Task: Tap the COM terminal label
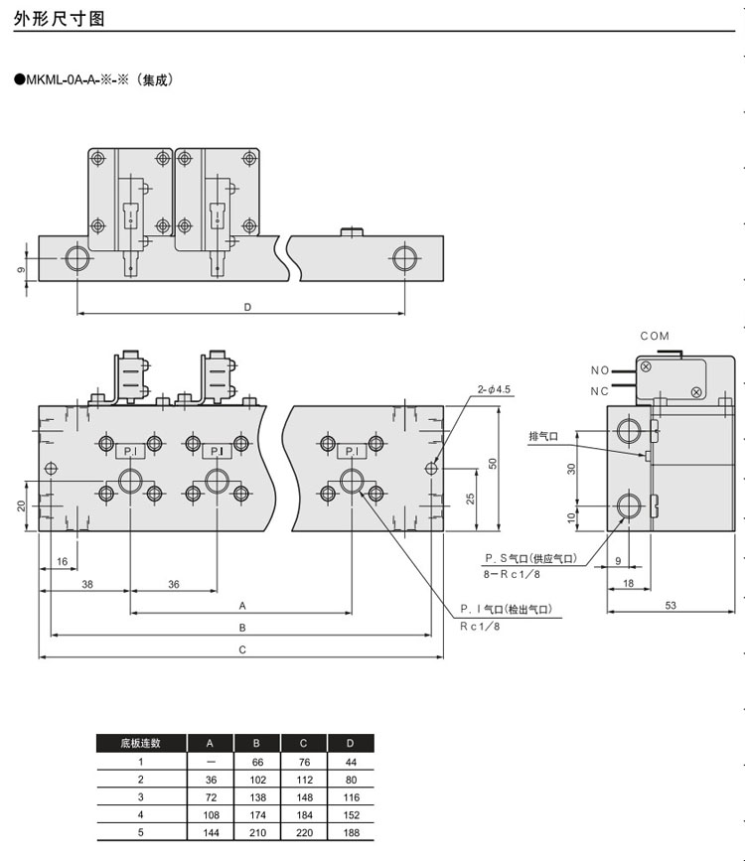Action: (655, 337)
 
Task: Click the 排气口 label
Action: (544, 436)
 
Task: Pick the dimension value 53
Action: (670, 605)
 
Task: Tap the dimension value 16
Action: (63, 562)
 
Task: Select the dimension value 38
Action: (86, 585)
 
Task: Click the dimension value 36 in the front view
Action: (173, 585)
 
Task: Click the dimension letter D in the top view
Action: (247, 307)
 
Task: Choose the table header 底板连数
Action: (140, 743)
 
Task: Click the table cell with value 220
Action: (302, 833)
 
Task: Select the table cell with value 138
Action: (256, 797)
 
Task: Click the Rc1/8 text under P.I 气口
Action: (479, 628)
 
